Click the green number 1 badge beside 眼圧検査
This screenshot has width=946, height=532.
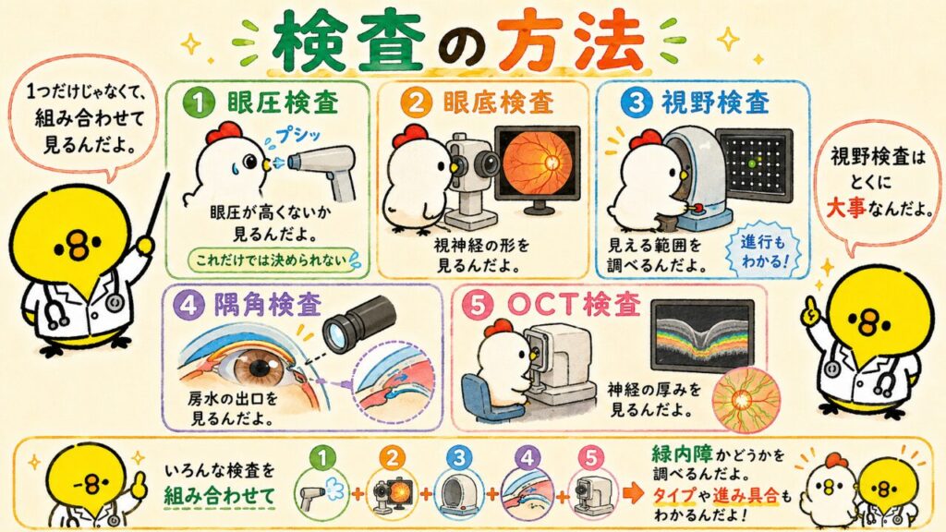pyautogui.click(x=199, y=103)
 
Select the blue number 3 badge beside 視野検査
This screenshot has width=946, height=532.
pyautogui.click(x=636, y=103)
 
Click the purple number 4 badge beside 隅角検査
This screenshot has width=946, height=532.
pyautogui.click(x=188, y=307)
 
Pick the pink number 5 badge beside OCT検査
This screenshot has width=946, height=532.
pyautogui.click(x=477, y=307)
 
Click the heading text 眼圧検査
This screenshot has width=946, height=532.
pyautogui.click(x=283, y=103)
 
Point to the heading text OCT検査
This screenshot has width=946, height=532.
pyautogui.click(x=573, y=305)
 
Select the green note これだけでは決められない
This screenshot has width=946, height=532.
pyautogui.click(x=272, y=260)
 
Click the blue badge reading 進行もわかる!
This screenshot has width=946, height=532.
pyautogui.click(x=764, y=251)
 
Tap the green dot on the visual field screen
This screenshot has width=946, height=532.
pyautogui.click(x=751, y=163)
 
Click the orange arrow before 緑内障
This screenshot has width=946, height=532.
pyautogui.click(x=634, y=493)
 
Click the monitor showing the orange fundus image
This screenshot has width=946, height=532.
pyautogui.click(x=538, y=169)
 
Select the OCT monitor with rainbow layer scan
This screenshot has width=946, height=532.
pyautogui.click(x=702, y=334)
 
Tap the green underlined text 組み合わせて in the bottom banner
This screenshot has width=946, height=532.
pyautogui.click(x=220, y=496)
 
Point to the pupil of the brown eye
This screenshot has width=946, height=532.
pyautogui.click(x=261, y=367)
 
